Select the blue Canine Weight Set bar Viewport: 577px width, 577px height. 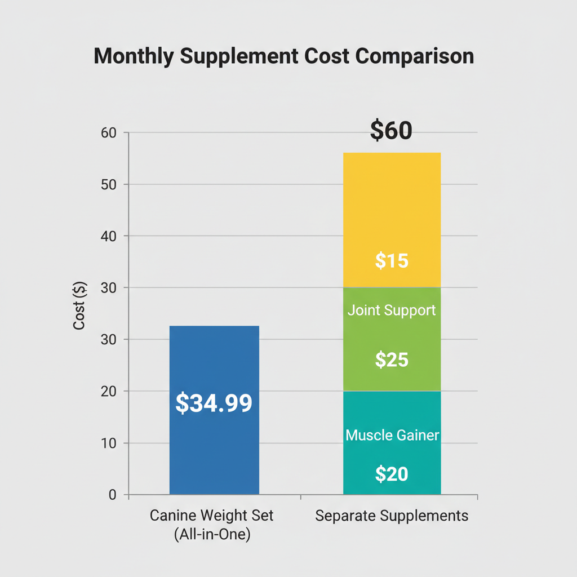pyautogui.click(x=214, y=451)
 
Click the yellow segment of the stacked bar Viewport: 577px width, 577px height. pyautogui.click(x=392, y=203)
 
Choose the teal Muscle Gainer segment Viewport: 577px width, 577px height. pyautogui.click(x=392, y=411)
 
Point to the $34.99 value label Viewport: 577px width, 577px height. pyautogui.click(x=214, y=403)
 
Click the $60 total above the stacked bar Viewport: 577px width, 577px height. pyautogui.click(x=391, y=131)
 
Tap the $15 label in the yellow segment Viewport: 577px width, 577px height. pyautogui.click(x=392, y=261)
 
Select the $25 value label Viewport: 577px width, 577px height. pyautogui.click(x=392, y=359)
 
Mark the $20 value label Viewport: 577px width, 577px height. pyautogui.click(x=392, y=474)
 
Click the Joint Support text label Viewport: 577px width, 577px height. pyautogui.click(x=392, y=310)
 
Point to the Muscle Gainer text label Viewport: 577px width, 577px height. pyautogui.click(x=392, y=435)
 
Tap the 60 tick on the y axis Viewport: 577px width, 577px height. pyautogui.click(x=108, y=133)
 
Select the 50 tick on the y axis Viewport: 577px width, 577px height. pyautogui.click(x=108, y=184)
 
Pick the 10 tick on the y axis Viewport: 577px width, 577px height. pyautogui.click(x=108, y=443)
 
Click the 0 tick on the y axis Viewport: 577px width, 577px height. pyautogui.click(x=112, y=495)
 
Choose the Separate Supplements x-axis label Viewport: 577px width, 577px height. pyautogui.click(x=392, y=516)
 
